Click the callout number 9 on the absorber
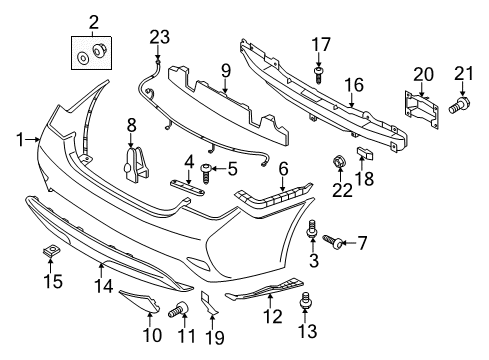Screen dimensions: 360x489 point(226,70)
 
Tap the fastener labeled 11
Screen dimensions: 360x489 point(183,307)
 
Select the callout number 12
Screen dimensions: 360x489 point(266,317)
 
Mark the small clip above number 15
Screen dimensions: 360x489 point(48,249)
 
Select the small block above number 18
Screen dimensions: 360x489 point(364,153)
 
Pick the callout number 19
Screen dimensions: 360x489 point(211,335)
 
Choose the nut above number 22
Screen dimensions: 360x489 point(340,161)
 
